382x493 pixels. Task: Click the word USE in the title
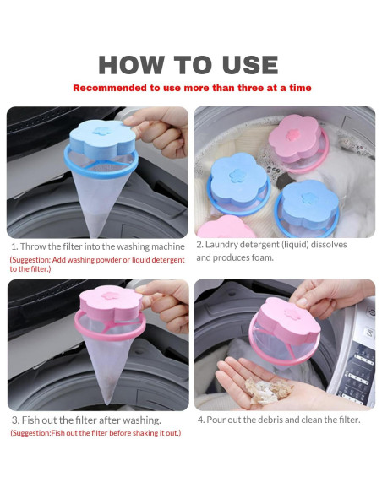click(x=250, y=65)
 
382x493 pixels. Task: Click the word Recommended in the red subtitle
click(x=111, y=88)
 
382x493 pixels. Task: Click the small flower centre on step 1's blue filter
click(x=101, y=131)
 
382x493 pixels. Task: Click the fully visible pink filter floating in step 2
click(x=298, y=143)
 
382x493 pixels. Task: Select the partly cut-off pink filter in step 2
click(x=226, y=227)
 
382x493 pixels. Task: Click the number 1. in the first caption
click(x=14, y=246)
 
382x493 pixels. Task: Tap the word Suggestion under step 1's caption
click(x=30, y=260)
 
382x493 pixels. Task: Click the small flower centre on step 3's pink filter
click(x=111, y=295)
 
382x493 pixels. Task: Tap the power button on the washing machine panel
click(x=372, y=312)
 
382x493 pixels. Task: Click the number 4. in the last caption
click(x=201, y=420)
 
